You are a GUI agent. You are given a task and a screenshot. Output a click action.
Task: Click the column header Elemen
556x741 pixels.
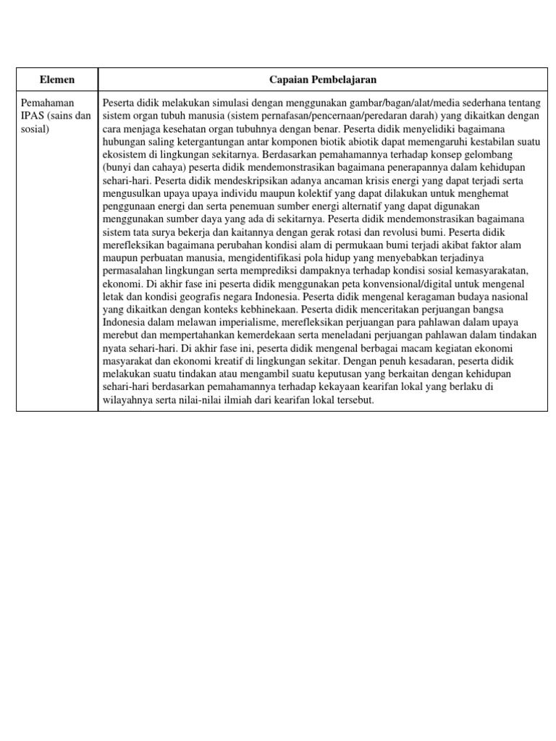point(57,79)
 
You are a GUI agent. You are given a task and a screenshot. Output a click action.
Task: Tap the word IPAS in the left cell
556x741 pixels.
point(33,115)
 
